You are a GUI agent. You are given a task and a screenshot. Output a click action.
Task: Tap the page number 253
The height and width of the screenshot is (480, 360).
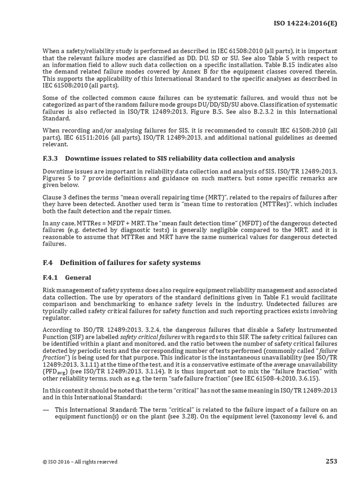(331, 461)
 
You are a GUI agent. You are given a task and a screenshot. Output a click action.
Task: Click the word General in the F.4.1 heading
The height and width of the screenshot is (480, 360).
(78, 277)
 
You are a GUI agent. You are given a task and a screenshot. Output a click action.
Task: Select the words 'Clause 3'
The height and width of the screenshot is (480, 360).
(55, 196)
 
